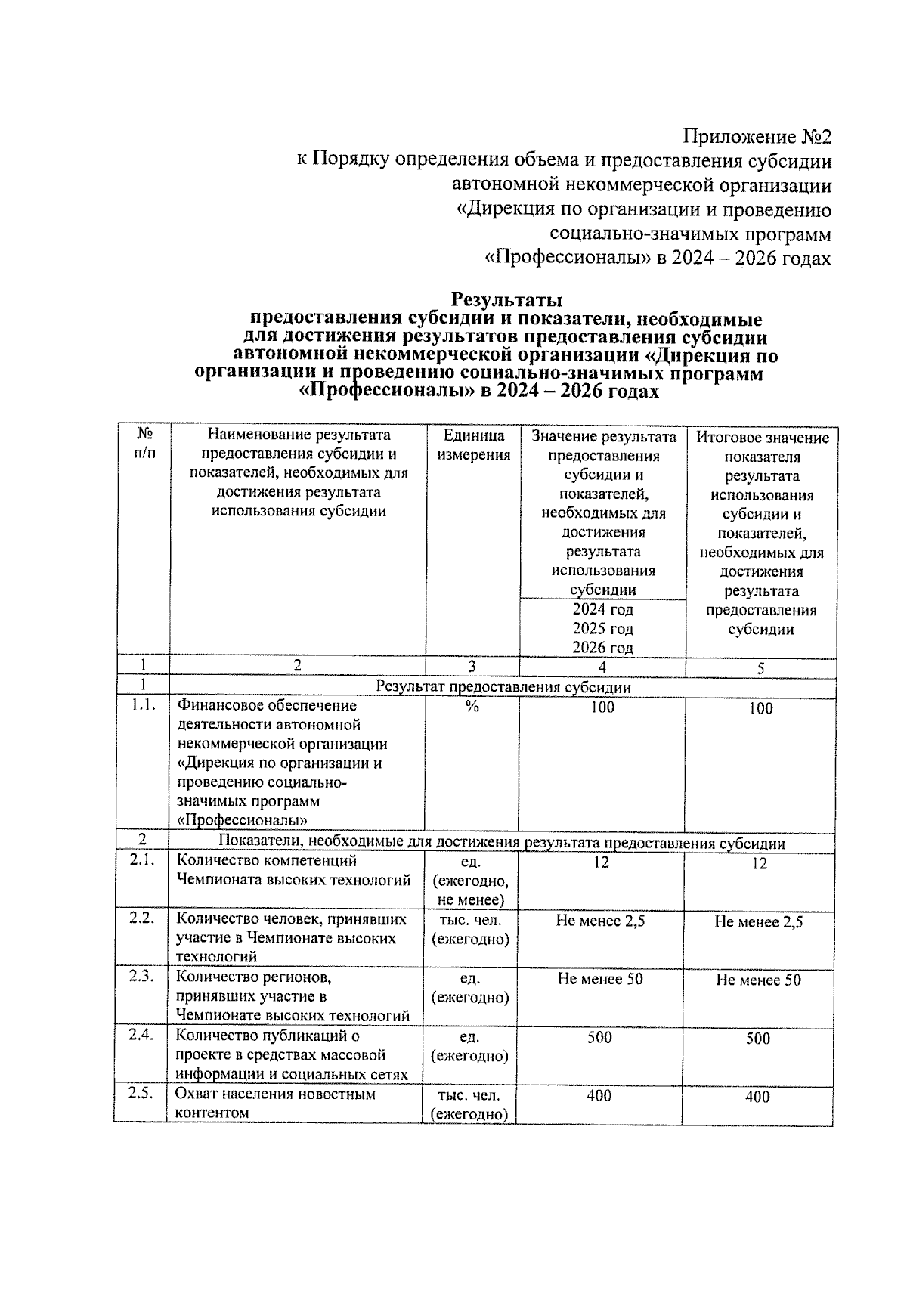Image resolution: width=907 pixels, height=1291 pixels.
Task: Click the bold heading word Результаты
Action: coord(506,300)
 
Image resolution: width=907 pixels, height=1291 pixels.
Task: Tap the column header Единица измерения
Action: coord(473,445)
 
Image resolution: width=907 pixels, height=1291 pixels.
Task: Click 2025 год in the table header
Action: coord(602,629)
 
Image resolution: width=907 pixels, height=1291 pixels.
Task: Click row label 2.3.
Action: coord(141,976)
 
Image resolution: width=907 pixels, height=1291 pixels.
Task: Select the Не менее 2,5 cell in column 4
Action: coord(600,921)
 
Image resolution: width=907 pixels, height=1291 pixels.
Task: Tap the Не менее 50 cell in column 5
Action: coord(758,980)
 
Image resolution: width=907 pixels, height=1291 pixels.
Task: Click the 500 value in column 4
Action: coord(600,1038)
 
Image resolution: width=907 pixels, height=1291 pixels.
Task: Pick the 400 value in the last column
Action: coord(757,1097)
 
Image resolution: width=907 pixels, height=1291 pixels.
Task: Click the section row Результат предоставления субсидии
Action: coord(503,687)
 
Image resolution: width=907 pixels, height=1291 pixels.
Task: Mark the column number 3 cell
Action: coord(472,667)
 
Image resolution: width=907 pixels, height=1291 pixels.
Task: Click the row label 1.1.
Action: coord(142,706)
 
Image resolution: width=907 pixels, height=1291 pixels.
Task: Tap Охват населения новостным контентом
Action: coord(275,1104)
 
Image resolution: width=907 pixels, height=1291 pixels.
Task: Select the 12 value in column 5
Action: coord(760,864)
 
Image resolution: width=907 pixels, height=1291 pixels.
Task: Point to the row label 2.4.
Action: coord(141,1035)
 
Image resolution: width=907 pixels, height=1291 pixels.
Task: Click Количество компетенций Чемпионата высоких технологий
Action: coord(293,870)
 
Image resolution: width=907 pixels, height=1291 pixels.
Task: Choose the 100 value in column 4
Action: coord(602,707)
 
